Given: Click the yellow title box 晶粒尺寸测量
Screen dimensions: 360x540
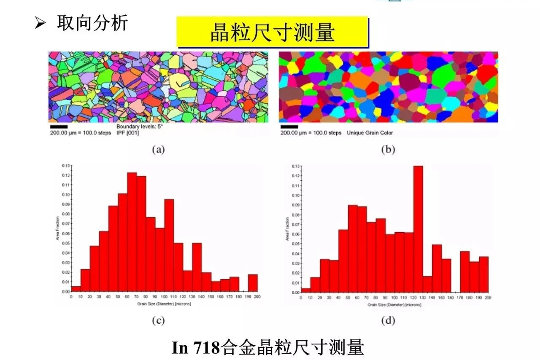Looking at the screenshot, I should (x=272, y=32).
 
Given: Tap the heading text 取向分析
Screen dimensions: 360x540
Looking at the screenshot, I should (x=92, y=23).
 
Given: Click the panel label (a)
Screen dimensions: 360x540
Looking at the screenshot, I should (x=158, y=149).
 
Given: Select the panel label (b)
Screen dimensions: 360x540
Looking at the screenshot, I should (x=388, y=149).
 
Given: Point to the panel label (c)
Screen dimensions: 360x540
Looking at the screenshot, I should (x=158, y=321).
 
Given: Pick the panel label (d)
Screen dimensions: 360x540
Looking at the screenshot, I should (x=388, y=321).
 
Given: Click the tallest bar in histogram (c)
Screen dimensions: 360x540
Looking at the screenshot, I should (x=132, y=232).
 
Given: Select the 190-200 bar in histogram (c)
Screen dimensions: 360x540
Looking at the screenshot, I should (x=253, y=283).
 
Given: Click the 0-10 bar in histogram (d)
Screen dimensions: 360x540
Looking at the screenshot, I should (x=305, y=290).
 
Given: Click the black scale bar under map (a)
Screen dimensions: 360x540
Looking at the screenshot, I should (x=59, y=126).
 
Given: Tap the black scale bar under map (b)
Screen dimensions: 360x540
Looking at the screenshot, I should (x=289, y=126).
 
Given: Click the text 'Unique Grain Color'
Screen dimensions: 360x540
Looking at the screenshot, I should (x=370, y=133).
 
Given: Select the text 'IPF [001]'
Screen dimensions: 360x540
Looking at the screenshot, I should (x=127, y=133).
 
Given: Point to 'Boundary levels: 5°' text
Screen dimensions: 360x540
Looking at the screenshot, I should (x=139, y=127).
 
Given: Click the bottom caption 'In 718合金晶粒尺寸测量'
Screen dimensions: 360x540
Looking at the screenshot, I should (x=268, y=348).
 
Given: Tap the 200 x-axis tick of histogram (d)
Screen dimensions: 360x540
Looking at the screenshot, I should (x=488, y=298).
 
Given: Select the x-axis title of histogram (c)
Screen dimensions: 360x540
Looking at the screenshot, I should (x=165, y=303).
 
